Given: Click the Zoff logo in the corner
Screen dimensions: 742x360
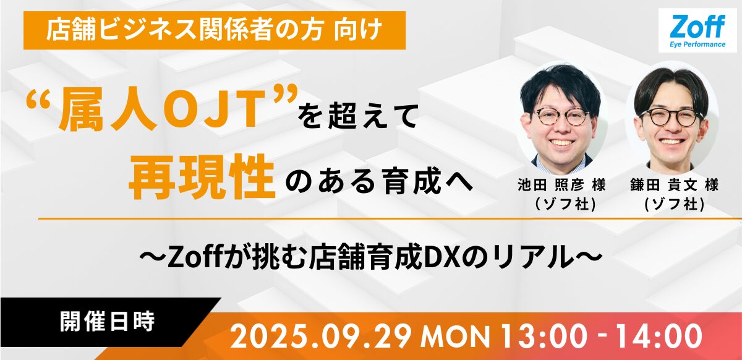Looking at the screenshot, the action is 697,30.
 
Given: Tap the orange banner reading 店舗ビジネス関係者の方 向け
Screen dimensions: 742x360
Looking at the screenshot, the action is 215,30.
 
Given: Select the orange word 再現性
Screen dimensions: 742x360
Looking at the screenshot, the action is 202,176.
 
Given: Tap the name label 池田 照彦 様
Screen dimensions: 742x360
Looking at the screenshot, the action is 562,186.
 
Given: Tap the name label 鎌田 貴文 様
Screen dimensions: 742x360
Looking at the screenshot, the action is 675,186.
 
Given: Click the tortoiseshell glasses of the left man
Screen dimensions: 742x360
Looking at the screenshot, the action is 562,116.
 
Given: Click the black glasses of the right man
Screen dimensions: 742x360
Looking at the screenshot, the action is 672,117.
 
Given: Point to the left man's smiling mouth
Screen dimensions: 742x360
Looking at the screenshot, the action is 561,143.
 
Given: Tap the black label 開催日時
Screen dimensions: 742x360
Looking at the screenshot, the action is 108,322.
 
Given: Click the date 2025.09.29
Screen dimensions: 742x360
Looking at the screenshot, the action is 321,336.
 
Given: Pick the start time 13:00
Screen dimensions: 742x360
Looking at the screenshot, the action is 544,336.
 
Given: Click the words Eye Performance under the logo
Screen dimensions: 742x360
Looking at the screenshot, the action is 697,45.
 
